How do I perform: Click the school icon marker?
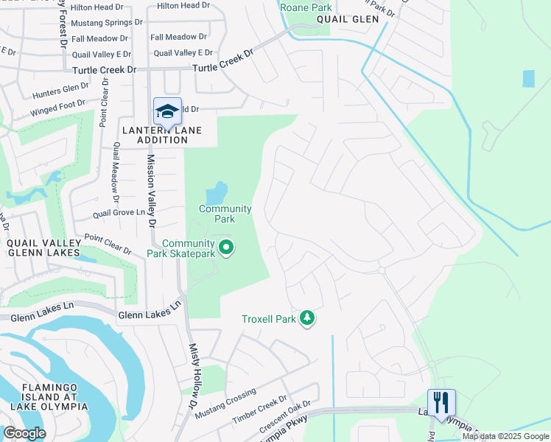(x=167, y=110)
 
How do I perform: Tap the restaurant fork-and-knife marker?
(x=441, y=402)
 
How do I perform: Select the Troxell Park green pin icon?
(x=307, y=318)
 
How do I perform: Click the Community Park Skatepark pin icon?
(x=226, y=248)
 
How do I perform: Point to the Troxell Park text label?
(x=269, y=319)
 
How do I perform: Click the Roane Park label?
(x=305, y=7)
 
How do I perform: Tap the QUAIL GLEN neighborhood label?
(x=350, y=19)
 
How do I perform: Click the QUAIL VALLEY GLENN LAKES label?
(x=43, y=248)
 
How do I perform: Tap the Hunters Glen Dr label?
(x=60, y=91)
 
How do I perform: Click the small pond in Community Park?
(x=215, y=194)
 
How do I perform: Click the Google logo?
(x=24, y=433)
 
